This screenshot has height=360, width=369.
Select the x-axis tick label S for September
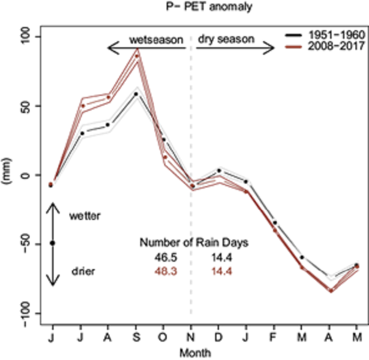[x=135, y=338]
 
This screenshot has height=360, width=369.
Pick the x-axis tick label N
[x=191, y=338]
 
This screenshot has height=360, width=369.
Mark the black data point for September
[x=136, y=93]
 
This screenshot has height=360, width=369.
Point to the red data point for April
[x=331, y=291]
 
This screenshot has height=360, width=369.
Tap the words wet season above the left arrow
[x=156, y=40]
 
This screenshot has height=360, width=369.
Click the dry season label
[x=226, y=40]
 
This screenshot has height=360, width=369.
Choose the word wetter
[x=84, y=216]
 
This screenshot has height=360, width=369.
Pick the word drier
[x=83, y=271]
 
